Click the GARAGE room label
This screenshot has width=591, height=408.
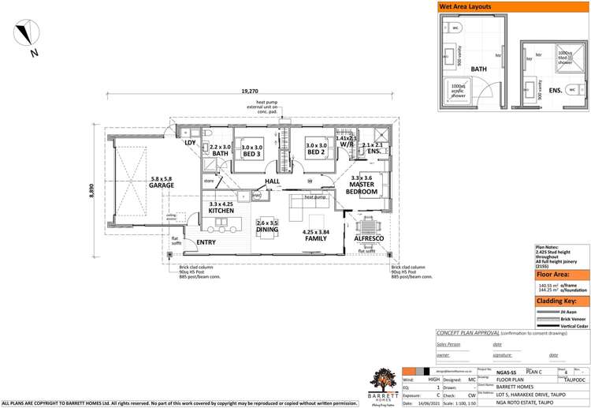[161, 185]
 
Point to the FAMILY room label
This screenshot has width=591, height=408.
[315, 238]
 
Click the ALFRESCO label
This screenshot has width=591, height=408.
[369, 238]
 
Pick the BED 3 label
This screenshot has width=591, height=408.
[252, 154]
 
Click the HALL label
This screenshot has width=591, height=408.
[273, 182]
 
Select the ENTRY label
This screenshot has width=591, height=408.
[206, 242]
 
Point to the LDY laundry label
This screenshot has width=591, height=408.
[190, 143]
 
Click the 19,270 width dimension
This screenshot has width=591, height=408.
[251, 92]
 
